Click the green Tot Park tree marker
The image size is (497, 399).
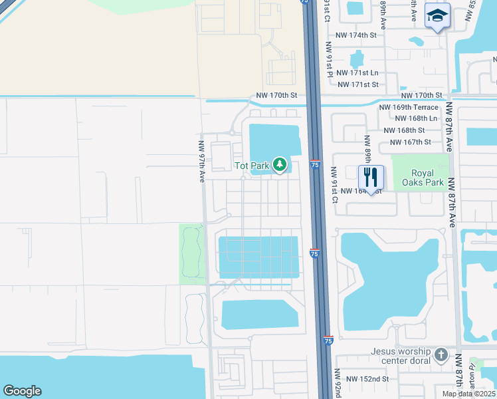click(x=280, y=164)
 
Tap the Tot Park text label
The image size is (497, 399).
click(x=251, y=165)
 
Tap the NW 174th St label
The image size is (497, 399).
click(x=357, y=35)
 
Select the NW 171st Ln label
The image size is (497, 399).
click(x=357, y=72)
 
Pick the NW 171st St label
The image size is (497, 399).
click(x=357, y=84)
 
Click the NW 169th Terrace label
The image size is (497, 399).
click(x=409, y=107)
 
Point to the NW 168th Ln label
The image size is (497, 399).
click(x=417, y=118)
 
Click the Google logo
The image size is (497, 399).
click(x=22, y=391)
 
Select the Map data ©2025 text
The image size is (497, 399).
click(x=468, y=394)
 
